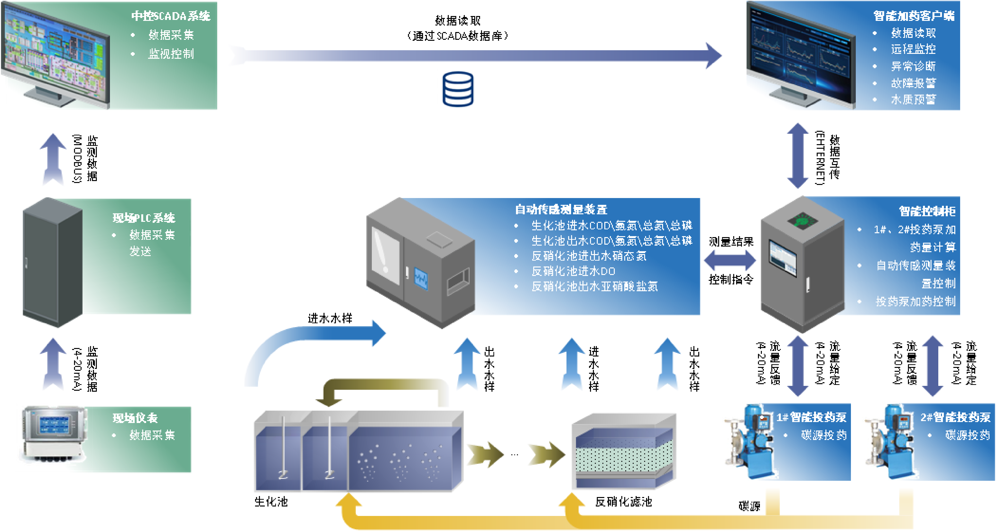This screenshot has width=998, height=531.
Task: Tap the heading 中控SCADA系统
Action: point(170,16)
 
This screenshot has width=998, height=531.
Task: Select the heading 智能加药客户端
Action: point(914,16)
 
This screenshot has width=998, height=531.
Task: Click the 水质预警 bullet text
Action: point(913,100)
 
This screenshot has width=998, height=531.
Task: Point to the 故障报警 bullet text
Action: point(913,83)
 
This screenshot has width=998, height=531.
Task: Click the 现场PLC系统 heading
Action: point(144,218)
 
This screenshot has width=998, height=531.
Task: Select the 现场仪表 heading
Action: point(135,418)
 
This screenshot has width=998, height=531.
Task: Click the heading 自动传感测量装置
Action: point(561,209)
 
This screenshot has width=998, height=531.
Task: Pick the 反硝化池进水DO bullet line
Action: point(573,271)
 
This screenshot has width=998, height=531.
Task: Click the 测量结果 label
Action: point(731,242)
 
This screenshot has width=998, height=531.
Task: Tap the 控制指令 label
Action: point(731,279)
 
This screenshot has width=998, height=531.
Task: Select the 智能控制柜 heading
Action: point(927,211)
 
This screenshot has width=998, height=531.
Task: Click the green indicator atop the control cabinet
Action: point(803,221)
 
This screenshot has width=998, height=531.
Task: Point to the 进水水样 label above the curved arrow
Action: point(330,318)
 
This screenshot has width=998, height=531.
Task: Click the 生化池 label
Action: point(271,502)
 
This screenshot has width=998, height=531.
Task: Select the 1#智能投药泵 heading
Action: point(811,417)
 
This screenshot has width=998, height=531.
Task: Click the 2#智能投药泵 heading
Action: point(955,417)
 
